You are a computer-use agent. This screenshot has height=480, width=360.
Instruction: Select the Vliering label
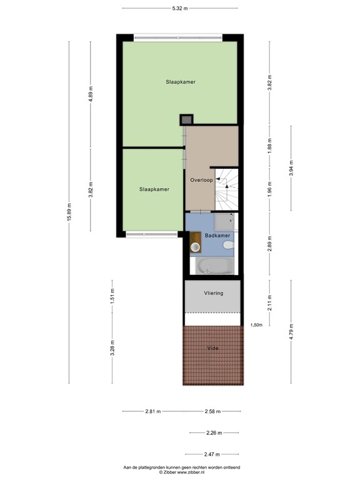click(213, 292)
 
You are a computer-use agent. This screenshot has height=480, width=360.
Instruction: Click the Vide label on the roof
click(212, 347)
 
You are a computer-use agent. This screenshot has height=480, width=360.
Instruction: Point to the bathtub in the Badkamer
click(215, 267)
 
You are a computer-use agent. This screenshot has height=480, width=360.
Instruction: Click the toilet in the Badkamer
click(229, 247)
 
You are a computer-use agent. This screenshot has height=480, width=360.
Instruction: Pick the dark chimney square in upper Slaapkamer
click(187, 119)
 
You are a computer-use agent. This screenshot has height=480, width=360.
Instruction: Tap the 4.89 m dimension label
click(91, 93)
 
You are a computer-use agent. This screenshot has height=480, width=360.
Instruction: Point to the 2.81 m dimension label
click(153, 411)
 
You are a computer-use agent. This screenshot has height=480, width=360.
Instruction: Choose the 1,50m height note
click(256, 325)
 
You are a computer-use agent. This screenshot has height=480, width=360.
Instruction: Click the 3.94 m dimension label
click(291, 169)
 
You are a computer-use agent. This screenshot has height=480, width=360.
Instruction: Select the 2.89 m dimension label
click(269, 243)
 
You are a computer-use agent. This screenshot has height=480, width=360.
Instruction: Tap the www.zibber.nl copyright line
click(180, 472)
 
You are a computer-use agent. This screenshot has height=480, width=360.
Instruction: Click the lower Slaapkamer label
click(154, 189)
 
